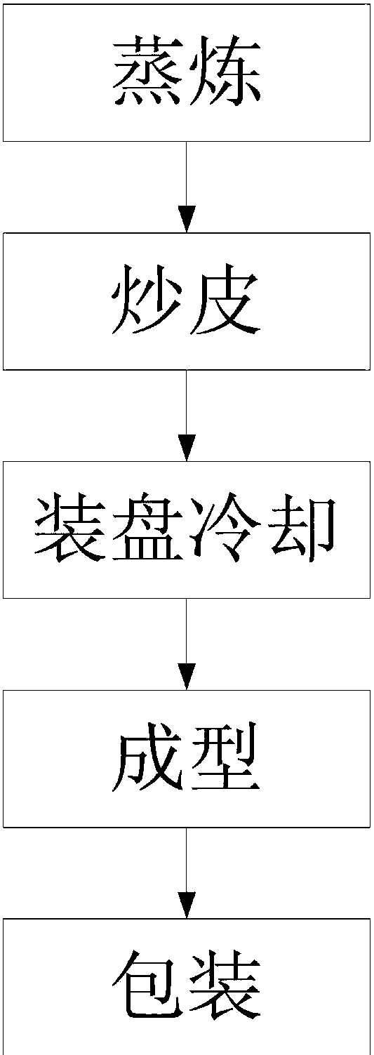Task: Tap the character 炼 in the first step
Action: [x=225, y=72]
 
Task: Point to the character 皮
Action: [x=225, y=300]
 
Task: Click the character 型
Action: [x=225, y=757]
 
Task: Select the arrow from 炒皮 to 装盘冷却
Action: [x=187, y=416]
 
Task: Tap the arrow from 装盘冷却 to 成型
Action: [x=187, y=644]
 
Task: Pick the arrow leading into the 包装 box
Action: [x=187, y=872]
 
